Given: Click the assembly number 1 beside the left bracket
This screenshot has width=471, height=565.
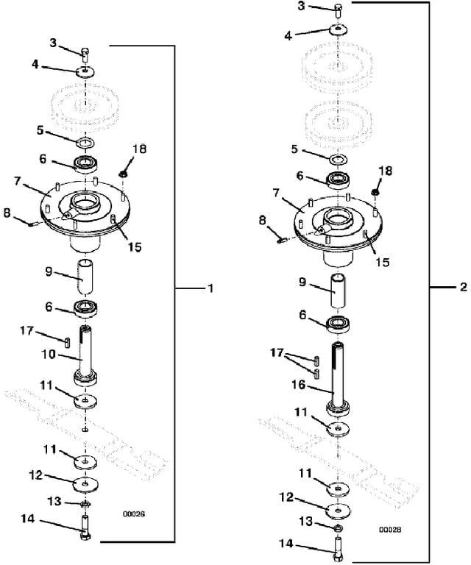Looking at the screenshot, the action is [210, 288].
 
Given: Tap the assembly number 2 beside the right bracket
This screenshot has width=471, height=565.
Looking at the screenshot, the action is [464, 287].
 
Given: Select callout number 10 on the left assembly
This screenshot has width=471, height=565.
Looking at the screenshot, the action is [49, 355].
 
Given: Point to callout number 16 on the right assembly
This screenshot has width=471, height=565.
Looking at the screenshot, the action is [298, 385].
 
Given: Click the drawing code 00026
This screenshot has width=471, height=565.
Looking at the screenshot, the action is [134, 514].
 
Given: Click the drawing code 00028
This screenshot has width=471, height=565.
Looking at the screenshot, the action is [390, 530].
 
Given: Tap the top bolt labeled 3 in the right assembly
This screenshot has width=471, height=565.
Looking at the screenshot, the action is [338, 11].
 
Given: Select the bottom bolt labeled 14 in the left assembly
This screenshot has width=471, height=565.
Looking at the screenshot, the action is [85, 527].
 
